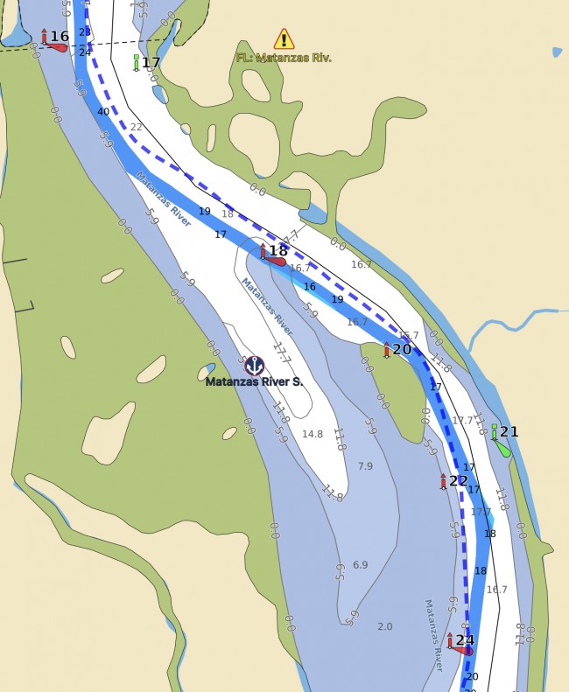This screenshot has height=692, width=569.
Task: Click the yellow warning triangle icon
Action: point(284,38)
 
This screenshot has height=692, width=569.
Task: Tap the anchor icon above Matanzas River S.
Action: point(254,365)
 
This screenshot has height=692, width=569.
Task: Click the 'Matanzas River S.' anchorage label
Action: point(254,381)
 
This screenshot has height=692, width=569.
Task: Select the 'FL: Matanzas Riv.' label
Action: point(284,58)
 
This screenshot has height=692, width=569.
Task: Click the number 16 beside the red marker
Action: point(60,36)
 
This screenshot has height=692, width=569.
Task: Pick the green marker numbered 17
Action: point(136,62)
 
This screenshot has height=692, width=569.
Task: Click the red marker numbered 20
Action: point(386,350)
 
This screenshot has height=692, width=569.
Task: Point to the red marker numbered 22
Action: point(443,481)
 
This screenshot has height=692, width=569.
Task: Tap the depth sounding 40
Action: point(103,112)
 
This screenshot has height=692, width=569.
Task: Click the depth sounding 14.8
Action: point(313,434)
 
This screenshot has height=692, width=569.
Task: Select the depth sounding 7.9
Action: point(365,465)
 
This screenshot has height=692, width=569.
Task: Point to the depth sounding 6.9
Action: point(360,565)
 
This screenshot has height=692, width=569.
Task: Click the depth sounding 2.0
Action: point(384,626)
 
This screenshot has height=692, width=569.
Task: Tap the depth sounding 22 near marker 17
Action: point(136,127)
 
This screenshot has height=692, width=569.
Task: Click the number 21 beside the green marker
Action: point(509,431)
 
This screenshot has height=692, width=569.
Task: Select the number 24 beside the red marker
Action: point(465,640)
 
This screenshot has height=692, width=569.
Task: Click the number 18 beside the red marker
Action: point(277,251)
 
